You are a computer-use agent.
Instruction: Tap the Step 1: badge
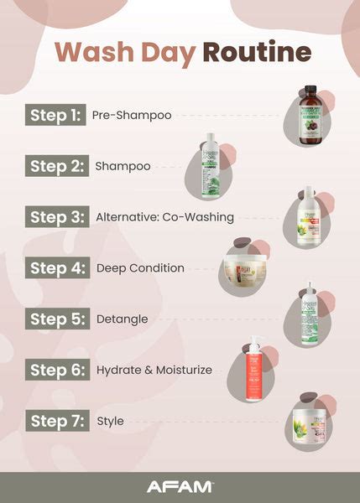pyautogui.click(x=55, y=115)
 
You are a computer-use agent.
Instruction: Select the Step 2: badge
pyautogui.click(x=55, y=166)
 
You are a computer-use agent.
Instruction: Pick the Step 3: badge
pyautogui.click(x=56, y=217)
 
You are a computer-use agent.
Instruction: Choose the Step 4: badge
pyautogui.click(x=56, y=268)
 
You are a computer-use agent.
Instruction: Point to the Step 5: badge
pyautogui.click(x=56, y=319)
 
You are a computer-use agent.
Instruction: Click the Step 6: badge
pyautogui.click(x=56, y=370)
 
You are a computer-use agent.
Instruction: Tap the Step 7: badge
pyautogui.click(x=56, y=421)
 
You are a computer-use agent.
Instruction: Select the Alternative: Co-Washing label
pyautogui.click(x=165, y=217)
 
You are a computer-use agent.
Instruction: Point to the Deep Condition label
pyautogui.click(x=140, y=268)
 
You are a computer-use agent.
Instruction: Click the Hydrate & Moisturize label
pyautogui.click(x=154, y=370)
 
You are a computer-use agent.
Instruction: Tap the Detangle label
pyautogui.click(x=123, y=319)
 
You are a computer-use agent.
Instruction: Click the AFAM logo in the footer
pyautogui.click(x=180, y=486)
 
